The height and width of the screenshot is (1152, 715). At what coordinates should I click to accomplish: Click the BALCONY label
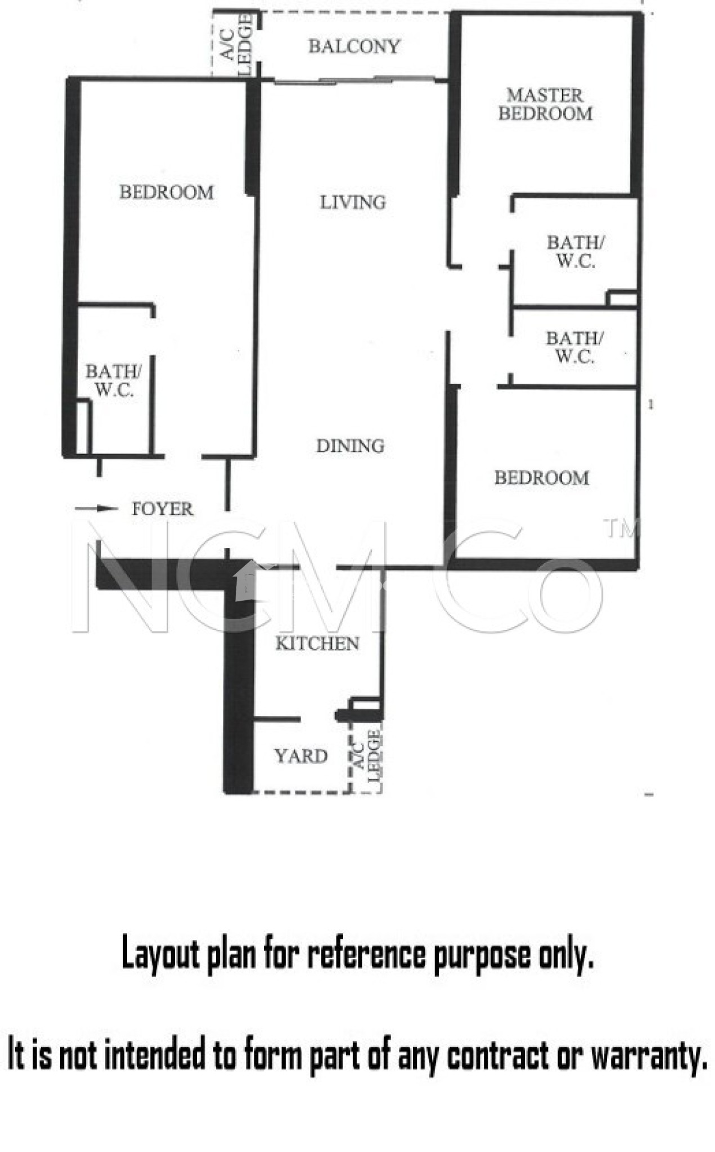pos(354,46)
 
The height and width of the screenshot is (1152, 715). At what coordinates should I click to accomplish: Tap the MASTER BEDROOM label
pos(545,105)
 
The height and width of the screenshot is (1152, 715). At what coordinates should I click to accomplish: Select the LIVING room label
pos(353,202)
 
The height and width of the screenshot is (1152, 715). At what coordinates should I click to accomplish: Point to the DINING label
pos(350,445)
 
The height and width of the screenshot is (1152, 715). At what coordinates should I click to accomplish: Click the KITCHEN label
pos(317,643)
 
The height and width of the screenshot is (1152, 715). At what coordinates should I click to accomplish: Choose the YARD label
pos(301,755)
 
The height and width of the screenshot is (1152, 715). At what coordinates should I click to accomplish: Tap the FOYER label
pos(162,508)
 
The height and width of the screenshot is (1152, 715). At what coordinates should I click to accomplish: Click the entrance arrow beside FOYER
pos(96,508)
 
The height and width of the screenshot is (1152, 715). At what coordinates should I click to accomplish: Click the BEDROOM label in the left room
pos(167,192)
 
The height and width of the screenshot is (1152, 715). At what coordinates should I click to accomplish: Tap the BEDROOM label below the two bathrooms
pos(542,478)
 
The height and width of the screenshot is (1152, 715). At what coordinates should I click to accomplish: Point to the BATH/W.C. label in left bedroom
pos(114,380)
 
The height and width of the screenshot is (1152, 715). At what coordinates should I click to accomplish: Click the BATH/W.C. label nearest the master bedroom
pos(575,251)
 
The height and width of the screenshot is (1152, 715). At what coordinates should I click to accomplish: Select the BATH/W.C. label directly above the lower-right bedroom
pos(574,347)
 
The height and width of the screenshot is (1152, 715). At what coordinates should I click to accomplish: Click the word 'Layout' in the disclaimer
pos(160,954)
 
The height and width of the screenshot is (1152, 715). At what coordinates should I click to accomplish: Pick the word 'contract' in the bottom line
pos(497,1054)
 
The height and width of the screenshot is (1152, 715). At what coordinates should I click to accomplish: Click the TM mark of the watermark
pos(621,529)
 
